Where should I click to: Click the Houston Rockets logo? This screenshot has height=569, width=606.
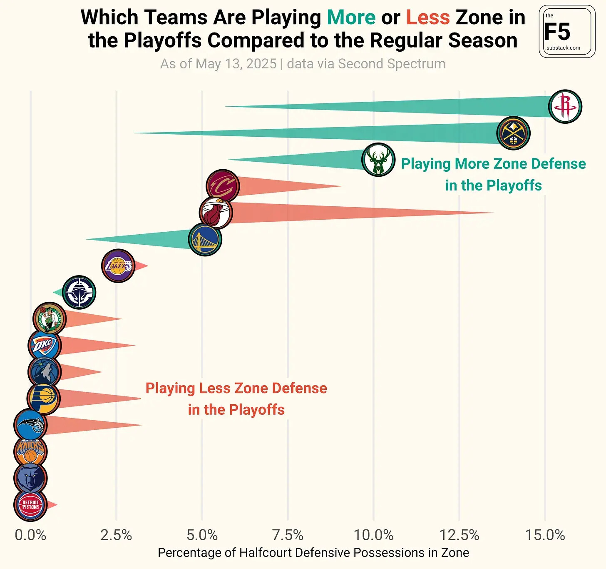[565, 107]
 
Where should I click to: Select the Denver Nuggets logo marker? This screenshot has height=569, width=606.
[513, 133]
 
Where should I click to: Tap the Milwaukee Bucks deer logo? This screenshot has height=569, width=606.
[378, 160]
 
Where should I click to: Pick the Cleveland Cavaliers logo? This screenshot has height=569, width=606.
[223, 186]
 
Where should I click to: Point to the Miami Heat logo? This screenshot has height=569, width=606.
[216, 213]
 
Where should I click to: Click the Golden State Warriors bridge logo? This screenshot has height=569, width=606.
[205, 239]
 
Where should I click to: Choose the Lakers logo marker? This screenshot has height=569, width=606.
[118, 266]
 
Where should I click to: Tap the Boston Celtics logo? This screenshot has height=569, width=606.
[50, 319]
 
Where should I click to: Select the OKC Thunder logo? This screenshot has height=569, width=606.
[45, 346]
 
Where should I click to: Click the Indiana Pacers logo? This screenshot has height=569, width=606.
[44, 399]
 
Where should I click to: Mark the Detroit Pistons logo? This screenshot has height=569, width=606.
[30, 505]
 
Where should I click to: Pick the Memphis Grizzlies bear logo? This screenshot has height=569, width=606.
[30, 478]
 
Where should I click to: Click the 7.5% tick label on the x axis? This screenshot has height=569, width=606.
[288, 535]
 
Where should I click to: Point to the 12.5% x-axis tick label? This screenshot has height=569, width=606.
[459, 535]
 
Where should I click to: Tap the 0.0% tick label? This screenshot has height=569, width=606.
[30, 535]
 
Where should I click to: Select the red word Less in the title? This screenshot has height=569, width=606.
[428, 18]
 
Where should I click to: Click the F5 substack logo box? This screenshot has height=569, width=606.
[567, 32]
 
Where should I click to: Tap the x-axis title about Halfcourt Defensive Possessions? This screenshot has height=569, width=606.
[313, 553]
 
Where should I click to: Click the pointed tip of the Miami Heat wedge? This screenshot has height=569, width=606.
[494, 213]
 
